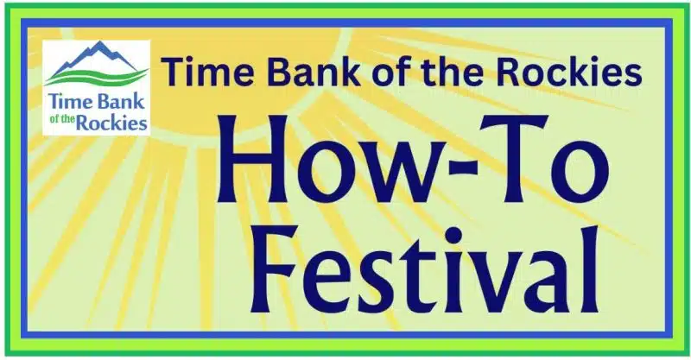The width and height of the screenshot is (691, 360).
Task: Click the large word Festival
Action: (424, 269)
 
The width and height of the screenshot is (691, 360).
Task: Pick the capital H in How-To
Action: (253, 159)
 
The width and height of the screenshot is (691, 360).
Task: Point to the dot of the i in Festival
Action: (453, 235)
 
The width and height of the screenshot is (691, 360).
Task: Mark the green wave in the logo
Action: (96, 77)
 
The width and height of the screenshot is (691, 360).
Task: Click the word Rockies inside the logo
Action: (111, 123)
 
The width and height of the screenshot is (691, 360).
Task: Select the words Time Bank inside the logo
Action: (97, 101)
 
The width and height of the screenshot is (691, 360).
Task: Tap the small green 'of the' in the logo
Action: (62, 121)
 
